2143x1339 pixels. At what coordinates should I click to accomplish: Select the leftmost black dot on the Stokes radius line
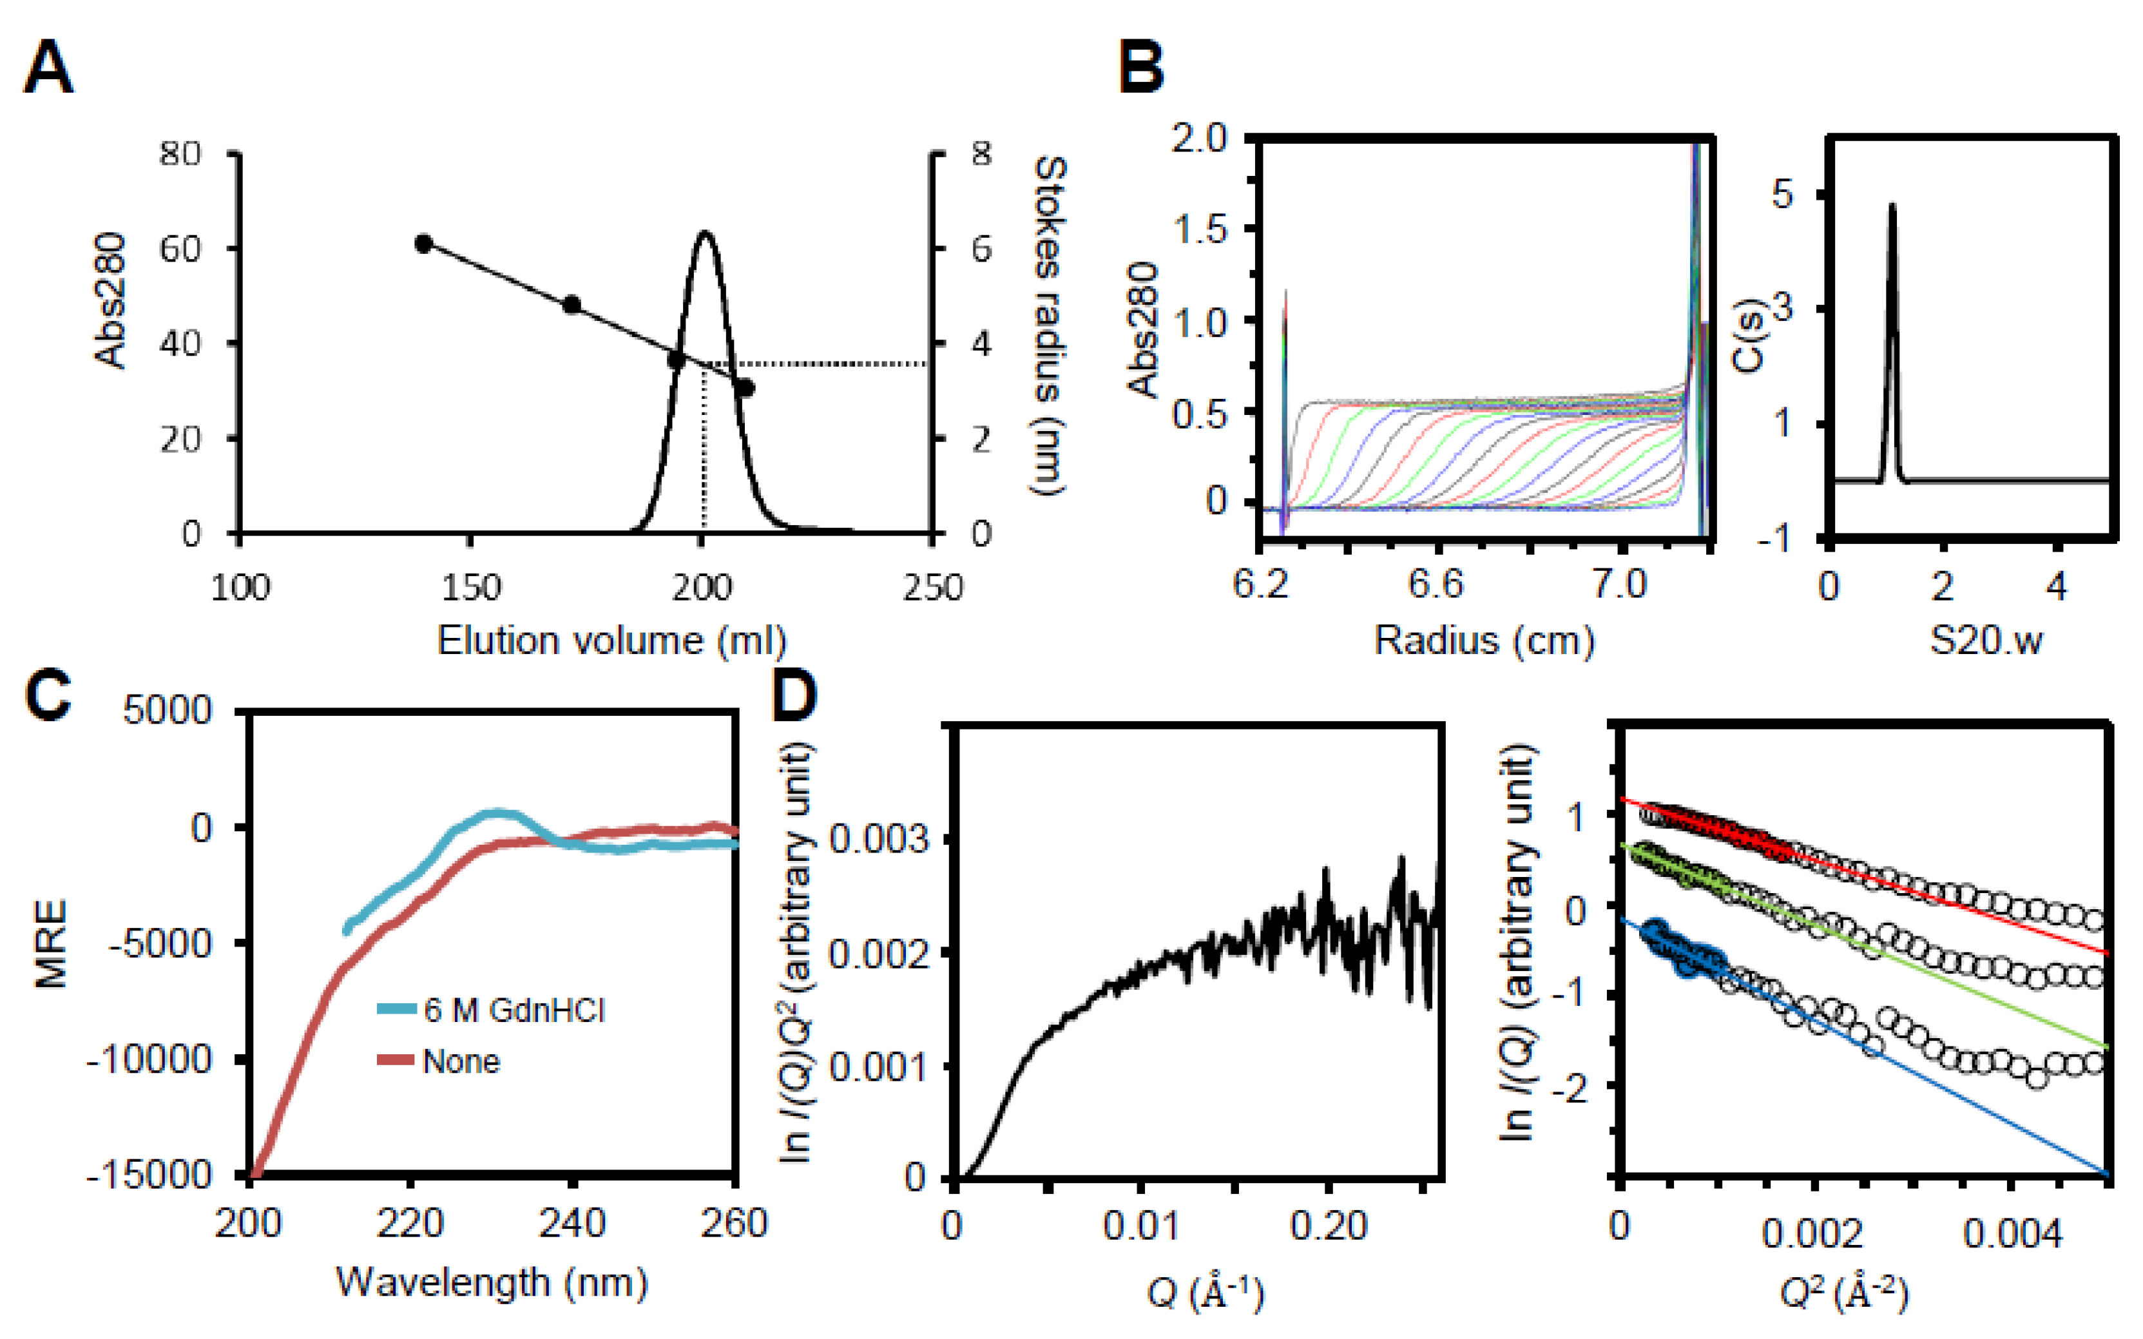[423, 244]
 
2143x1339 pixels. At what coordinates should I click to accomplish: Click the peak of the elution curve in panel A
[705, 234]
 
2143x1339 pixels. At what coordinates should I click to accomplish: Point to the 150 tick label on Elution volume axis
[470, 587]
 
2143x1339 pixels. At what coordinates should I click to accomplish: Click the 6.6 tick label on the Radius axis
[1436, 584]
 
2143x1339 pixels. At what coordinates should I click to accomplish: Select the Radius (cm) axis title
[1484, 639]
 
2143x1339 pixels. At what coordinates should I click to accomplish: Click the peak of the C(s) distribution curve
[1892, 206]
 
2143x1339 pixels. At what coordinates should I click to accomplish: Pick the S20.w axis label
[1986, 639]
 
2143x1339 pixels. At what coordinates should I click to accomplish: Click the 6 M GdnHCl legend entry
[513, 1010]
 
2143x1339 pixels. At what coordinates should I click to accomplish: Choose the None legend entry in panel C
[461, 1061]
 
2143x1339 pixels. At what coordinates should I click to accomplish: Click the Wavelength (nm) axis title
[492, 1282]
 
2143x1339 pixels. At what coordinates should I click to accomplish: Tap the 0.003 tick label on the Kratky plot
[878, 838]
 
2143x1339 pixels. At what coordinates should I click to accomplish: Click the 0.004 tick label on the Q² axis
[2012, 1233]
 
